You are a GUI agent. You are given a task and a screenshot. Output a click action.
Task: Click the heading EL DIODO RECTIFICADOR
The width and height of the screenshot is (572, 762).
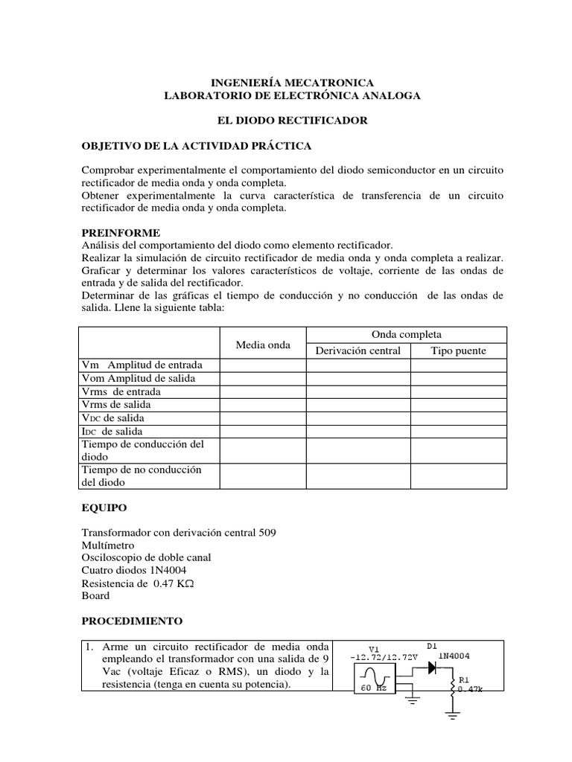(286, 121)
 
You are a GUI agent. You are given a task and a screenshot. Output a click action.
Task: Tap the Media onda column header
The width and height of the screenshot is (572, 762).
(263, 345)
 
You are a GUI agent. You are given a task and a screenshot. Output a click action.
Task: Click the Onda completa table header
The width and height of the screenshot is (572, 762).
(406, 335)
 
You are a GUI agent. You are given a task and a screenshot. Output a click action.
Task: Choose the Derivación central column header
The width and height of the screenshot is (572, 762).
(358, 350)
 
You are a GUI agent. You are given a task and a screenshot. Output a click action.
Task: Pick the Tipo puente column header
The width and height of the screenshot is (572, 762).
(458, 350)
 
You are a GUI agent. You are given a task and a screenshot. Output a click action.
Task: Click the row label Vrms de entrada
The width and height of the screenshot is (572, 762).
(121, 391)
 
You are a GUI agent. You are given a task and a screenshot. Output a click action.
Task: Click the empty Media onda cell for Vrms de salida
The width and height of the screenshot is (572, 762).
(263, 405)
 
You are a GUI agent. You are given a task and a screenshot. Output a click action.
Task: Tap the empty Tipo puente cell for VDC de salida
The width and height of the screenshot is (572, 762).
(458, 418)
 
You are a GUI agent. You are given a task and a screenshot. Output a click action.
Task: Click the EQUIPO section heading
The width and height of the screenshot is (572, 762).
(104, 508)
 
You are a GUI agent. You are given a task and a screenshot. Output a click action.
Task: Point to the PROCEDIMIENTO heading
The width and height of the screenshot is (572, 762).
(131, 621)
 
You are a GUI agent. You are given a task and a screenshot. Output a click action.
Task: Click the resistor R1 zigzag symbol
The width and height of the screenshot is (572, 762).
(451, 688)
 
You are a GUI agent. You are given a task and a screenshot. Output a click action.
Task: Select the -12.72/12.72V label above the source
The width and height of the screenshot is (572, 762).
(381, 657)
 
